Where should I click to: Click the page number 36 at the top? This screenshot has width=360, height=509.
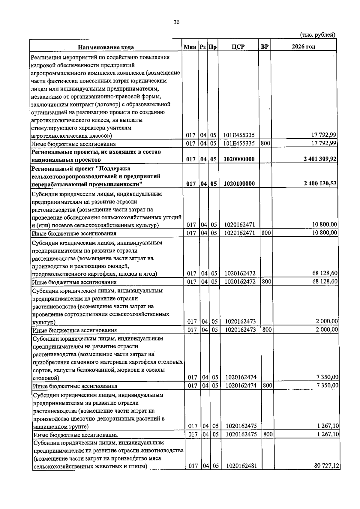(x=176, y=22)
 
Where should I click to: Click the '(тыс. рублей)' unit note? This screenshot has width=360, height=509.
(x=318, y=35)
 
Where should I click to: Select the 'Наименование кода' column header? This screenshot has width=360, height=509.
(x=106, y=47)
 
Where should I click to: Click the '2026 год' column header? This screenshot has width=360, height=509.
(x=303, y=46)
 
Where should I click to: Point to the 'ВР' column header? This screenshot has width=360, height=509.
(x=265, y=47)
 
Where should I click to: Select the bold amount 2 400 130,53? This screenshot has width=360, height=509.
(x=320, y=183)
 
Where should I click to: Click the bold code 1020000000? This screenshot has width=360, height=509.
(x=239, y=159)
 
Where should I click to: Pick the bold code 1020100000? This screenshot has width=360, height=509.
(x=239, y=184)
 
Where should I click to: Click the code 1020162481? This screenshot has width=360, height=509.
(x=241, y=474)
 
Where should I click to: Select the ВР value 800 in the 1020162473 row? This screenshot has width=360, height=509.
(x=267, y=330)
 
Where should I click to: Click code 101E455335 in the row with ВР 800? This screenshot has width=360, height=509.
(x=239, y=143)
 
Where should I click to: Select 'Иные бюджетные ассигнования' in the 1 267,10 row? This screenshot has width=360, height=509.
(x=75, y=435)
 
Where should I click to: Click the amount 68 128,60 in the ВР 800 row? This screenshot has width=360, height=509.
(x=325, y=281)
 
